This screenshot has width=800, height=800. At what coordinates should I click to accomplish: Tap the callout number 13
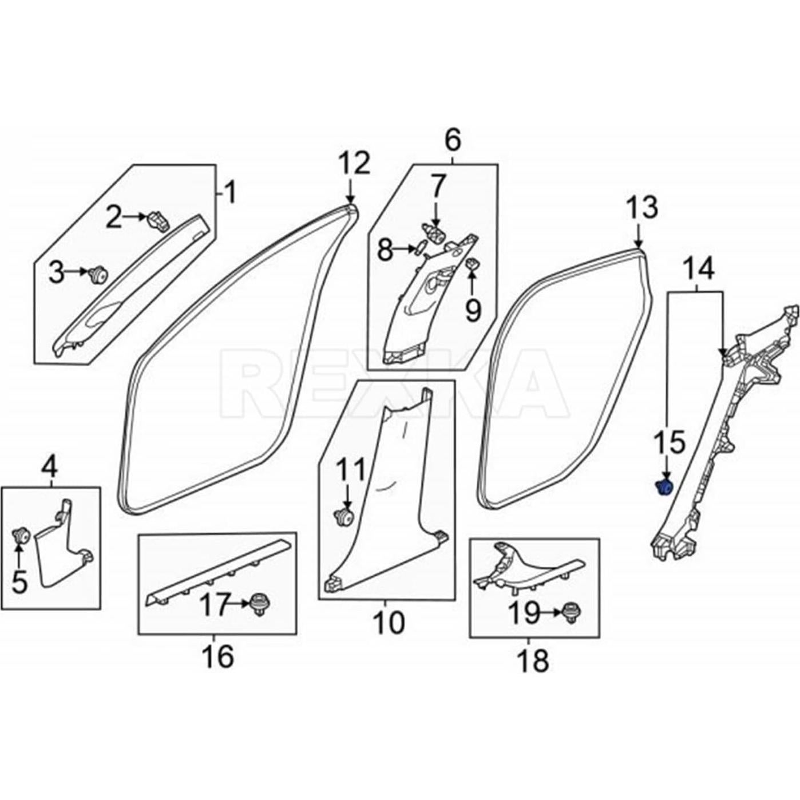(642, 208)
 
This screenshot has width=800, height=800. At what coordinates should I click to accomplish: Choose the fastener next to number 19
(571, 611)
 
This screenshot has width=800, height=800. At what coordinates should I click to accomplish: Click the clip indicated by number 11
(343, 517)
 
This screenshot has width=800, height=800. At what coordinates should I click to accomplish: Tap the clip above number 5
(21, 536)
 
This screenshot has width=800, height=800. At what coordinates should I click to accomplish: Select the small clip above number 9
(473, 264)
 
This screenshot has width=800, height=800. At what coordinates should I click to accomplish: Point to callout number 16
(217, 655)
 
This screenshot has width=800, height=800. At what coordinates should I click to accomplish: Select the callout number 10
(388, 622)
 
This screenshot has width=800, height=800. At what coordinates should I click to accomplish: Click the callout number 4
(50, 469)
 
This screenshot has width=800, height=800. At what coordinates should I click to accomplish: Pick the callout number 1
(229, 192)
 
